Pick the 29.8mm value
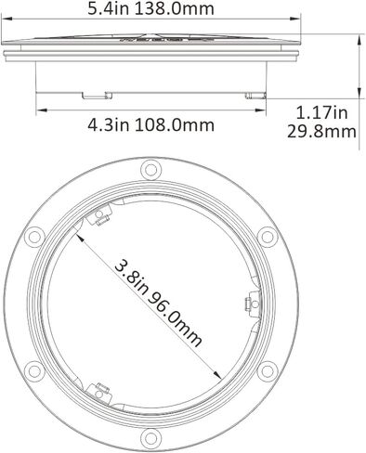pos(322,132)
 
